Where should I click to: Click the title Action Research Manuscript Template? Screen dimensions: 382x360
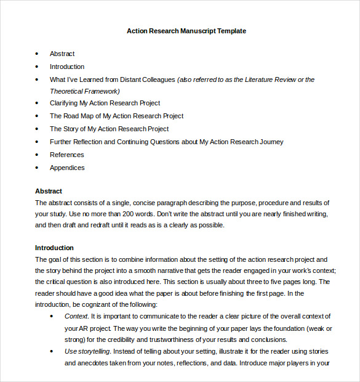click(x=186, y=31)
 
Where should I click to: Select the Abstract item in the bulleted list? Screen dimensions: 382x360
click(x=62, y=54)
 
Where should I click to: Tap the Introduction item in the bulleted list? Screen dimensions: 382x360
click(x=67, y=67)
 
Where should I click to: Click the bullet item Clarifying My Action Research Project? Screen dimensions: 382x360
click(x=105, y=103)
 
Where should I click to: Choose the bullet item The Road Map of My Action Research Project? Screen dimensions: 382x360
click(x=116, y=116)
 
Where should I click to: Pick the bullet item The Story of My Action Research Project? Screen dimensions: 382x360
click(x=109, y=129)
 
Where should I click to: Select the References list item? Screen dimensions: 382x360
click(x=66, y=155)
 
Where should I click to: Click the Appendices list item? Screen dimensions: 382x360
click(x=67, y=168)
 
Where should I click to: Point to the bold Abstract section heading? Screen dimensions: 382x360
click(x=49, y=191)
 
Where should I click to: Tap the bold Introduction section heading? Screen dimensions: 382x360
click(x=54, y=248)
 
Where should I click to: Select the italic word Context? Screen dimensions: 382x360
click(x=76, y=316)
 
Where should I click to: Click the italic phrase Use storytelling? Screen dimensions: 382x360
click(x=87, y=351)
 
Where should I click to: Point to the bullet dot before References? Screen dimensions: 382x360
click(x=37, y=155)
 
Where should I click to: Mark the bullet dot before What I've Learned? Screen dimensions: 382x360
click(x=37, y=80)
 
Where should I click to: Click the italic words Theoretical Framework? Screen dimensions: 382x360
click(x=84, y=91)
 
